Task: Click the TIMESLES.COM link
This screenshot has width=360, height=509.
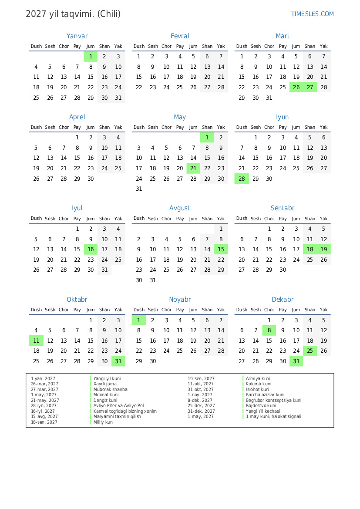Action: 312,14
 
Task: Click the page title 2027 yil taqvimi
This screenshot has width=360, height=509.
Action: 73,14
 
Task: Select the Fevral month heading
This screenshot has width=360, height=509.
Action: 180,36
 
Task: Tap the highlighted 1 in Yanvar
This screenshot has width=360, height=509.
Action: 91,56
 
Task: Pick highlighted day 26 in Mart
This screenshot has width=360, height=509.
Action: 296,87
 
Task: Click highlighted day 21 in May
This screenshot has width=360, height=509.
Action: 193,168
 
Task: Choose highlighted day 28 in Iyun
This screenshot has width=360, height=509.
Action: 242,179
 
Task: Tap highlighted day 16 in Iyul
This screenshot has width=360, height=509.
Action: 91,249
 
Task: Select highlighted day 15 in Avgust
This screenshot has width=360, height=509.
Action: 221,249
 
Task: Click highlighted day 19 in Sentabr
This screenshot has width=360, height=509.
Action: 323,249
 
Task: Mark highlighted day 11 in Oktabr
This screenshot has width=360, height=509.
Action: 36,340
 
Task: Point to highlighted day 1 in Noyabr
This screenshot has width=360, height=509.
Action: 139,320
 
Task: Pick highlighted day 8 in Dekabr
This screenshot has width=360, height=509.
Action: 269,330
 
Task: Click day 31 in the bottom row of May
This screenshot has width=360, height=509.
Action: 139,189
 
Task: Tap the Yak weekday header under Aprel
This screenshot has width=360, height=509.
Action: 118,127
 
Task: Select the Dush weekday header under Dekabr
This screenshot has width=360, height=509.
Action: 242,310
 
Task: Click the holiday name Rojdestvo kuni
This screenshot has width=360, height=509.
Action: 261,406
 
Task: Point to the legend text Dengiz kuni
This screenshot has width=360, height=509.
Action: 105,400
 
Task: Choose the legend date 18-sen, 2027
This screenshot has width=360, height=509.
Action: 44,422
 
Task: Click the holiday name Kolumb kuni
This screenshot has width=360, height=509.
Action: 258,384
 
